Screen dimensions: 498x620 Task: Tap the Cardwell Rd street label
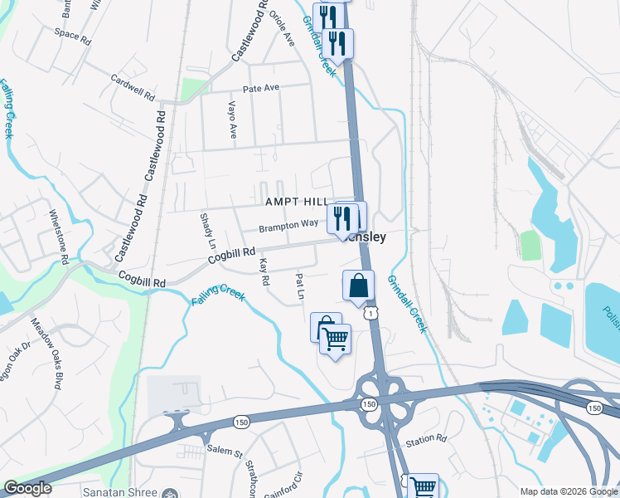133,86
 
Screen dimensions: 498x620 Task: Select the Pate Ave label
261,88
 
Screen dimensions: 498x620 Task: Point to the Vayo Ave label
233,120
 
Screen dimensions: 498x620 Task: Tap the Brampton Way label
288,225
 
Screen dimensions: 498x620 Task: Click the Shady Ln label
207,228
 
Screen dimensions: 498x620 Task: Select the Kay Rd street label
264,271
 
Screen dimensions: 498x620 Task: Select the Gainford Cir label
290,482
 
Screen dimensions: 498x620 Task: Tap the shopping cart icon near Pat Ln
335,339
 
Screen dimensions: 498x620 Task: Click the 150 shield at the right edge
593,408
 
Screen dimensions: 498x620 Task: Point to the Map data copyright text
569,491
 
